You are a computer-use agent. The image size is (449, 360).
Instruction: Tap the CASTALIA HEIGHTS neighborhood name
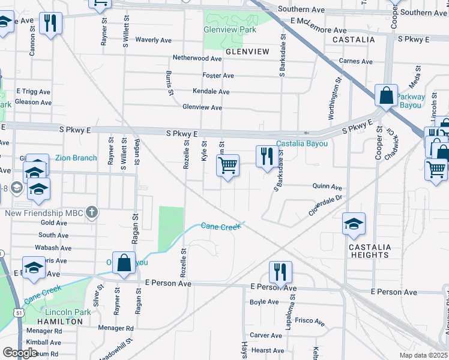(x=370, y=251)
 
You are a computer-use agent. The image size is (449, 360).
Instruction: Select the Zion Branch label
(x=76, y=158)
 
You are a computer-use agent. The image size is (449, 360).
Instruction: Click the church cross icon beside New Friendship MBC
(x=91, y=212)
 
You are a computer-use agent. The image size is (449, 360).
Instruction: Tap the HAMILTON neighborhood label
(x=62, y=322)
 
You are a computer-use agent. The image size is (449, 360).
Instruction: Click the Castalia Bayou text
(x=302, y=144)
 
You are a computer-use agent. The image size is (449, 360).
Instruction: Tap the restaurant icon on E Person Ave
(x=280, y=271)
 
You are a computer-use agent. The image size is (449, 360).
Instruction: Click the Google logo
(x=20, y=352)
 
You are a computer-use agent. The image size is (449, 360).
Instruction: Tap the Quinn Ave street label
(x=327, y=187)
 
